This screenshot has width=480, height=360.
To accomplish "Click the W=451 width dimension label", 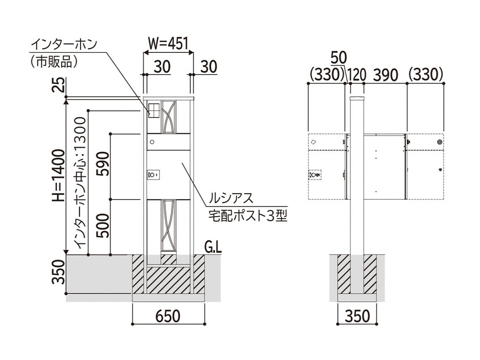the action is pos(168,43).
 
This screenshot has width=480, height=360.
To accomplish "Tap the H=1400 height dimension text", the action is pos(59,175).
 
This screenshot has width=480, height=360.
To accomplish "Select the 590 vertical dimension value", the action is pos(103,164).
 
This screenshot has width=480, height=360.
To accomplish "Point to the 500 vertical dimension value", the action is pos(103,226).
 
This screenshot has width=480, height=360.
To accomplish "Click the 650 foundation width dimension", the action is pos(168,316).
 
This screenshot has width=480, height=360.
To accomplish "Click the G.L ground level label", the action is pos(213,248).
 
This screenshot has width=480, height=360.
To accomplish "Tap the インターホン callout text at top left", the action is pos(64,44).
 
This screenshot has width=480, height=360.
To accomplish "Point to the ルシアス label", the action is pos(231,198).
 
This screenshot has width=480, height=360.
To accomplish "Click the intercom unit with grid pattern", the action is pos(154,111).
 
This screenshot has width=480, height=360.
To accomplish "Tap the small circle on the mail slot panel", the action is pos(152,142).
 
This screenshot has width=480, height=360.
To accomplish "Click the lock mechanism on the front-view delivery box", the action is pos(154,175).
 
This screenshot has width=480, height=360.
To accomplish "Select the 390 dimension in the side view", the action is pos(385,75).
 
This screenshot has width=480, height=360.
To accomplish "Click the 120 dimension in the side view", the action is pos(356,75).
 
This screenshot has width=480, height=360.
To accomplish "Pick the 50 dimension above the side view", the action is pos(338,58).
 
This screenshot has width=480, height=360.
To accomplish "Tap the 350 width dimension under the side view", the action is pos(357,316).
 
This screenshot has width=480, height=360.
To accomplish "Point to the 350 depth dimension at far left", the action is pos(59,272).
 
